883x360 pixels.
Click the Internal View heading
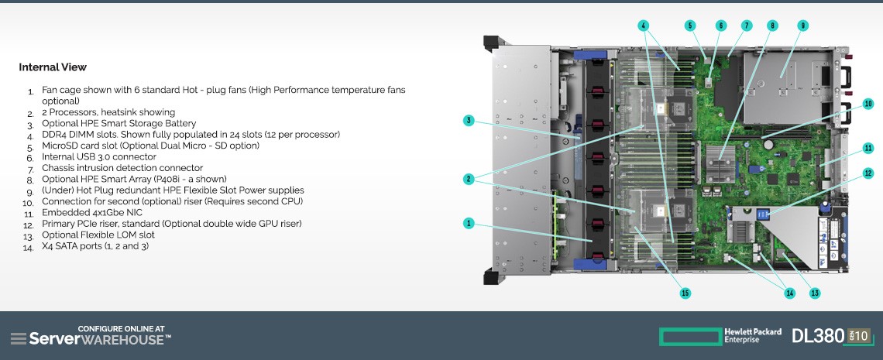click(53, 67)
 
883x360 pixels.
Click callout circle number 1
click(468, 223)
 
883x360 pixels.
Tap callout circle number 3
click(469, 120)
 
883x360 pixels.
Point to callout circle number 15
click(685, 293)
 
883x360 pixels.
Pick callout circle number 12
click(868, 173)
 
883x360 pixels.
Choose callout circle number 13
click(814, 293)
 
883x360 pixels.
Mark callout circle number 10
click(868, 104)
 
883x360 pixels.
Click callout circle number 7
click(746, 26)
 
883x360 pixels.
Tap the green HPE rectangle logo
click(690, 337)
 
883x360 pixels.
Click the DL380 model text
click(818, 336)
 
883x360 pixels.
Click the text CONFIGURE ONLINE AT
click(121, 328)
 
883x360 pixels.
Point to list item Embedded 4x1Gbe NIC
click(92, 213)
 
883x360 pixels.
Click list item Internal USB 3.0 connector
click(99, 157)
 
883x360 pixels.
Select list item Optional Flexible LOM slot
click(98, 235)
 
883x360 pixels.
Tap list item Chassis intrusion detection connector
click(122, 168)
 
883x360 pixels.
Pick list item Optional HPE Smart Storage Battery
click(119, 124)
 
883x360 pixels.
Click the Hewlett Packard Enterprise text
click(753, 336)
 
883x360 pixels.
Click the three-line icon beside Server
click(19, 338)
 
